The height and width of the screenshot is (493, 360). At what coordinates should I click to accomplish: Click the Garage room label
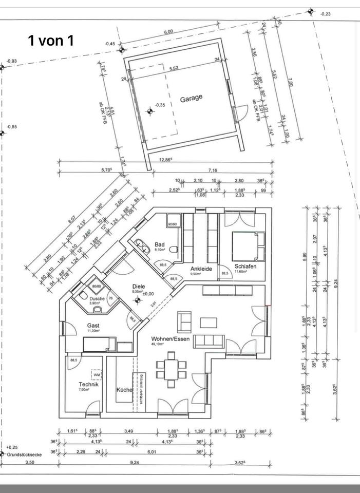(x=191, y=98)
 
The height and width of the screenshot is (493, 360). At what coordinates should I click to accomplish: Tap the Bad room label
(x=160, y=244)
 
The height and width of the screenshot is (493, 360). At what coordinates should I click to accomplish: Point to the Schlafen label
(x=245, y=267)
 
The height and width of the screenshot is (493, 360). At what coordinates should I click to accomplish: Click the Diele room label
(x=139, y=287)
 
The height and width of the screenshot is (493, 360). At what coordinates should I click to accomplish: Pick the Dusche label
(x=97, y=298)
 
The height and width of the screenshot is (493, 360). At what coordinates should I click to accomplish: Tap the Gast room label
(x=93, y=326)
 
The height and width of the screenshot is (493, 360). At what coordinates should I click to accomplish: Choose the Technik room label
(x=88, y=384)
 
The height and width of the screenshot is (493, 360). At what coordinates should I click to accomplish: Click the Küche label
(x=124, y=390)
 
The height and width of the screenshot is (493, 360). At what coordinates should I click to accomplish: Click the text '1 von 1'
(x=51, y=41)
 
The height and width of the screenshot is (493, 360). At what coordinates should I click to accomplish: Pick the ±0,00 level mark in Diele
(x=149, y=294)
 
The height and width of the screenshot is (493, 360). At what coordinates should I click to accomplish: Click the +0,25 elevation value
(x=12, y=447)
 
